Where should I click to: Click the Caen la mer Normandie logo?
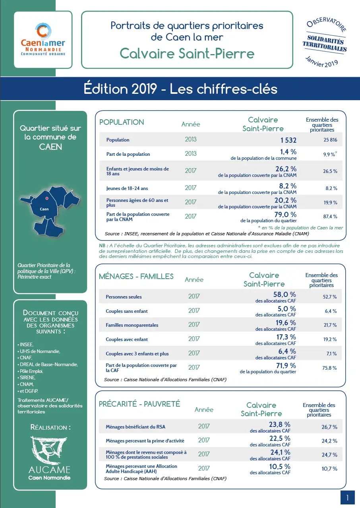43,39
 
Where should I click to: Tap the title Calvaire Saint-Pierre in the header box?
187,53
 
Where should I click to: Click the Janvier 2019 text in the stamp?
321,62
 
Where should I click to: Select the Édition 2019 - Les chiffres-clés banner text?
180,89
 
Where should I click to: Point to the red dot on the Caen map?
46,198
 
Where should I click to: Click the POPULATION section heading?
122,122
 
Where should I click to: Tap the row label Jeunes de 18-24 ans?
127,188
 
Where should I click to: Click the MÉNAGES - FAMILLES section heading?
136,276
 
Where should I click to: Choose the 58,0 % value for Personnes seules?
285,295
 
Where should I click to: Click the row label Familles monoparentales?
132,325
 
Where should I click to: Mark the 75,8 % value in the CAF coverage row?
330,368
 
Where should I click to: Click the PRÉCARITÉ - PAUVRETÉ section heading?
139,404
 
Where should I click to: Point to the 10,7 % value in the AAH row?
329,469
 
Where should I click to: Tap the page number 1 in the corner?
347,497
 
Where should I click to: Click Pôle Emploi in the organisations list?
31,371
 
